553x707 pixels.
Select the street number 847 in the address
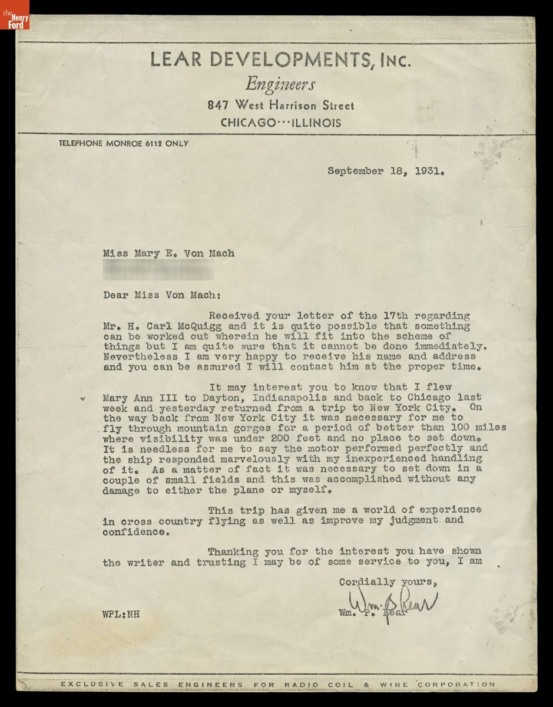click(218, 105)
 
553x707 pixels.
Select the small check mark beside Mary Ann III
click(83, 398)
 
